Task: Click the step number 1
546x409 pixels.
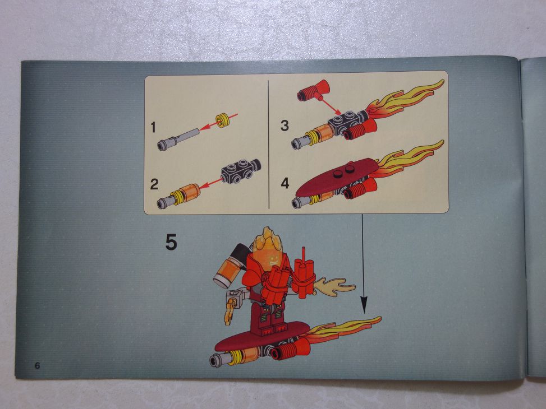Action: tap(153, 127)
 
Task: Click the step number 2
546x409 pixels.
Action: tap(154, 184)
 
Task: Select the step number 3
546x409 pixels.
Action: tap(285, 126)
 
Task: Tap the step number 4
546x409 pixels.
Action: tap(285, 183)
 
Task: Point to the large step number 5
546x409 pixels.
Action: tap(171, 243)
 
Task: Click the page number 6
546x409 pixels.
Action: tap(37, 365)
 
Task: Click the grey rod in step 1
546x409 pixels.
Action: tap(178, 140)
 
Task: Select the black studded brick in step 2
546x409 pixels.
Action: tap(241, 171)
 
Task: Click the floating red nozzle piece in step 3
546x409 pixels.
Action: tap(313, 90)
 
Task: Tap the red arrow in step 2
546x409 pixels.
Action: tap(210, 183)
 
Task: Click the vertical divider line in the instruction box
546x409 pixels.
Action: tap(269, 144)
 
